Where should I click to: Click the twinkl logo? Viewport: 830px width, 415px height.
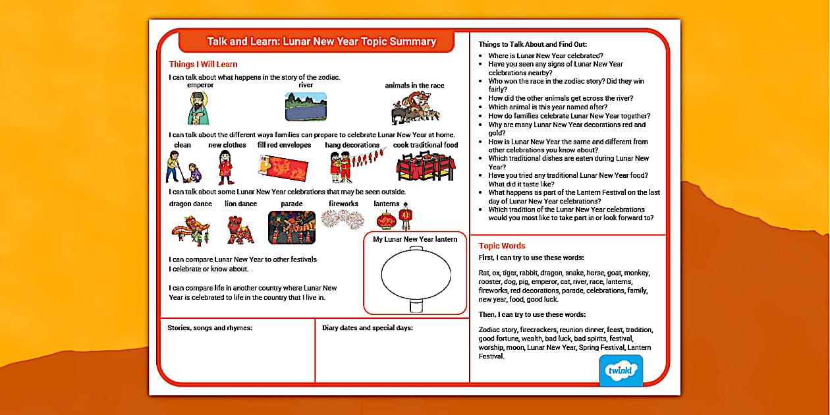coord(621,371)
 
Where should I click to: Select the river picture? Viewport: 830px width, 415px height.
coord(306,107)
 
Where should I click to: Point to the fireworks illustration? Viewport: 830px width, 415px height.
coord(343,220)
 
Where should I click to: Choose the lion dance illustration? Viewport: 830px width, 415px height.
coord(240,228)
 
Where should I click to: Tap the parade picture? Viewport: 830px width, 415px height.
coord(291,228)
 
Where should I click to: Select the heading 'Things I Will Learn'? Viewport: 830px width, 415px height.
coord(203,65)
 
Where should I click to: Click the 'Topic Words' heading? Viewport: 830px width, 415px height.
coord(502,246)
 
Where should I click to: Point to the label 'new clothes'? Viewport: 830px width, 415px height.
coord(227,145)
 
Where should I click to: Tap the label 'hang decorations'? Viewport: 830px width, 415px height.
coord(352,145)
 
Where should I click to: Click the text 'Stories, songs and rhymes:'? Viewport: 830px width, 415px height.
coord(210,327)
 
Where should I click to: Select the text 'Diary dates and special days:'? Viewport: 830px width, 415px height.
coord(368,327)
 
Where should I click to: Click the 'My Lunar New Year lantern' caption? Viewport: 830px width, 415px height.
coord(415,239)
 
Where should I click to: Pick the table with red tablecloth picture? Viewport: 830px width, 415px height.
coord(425,167)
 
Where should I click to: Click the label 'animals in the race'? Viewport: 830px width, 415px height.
coord(414,86)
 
